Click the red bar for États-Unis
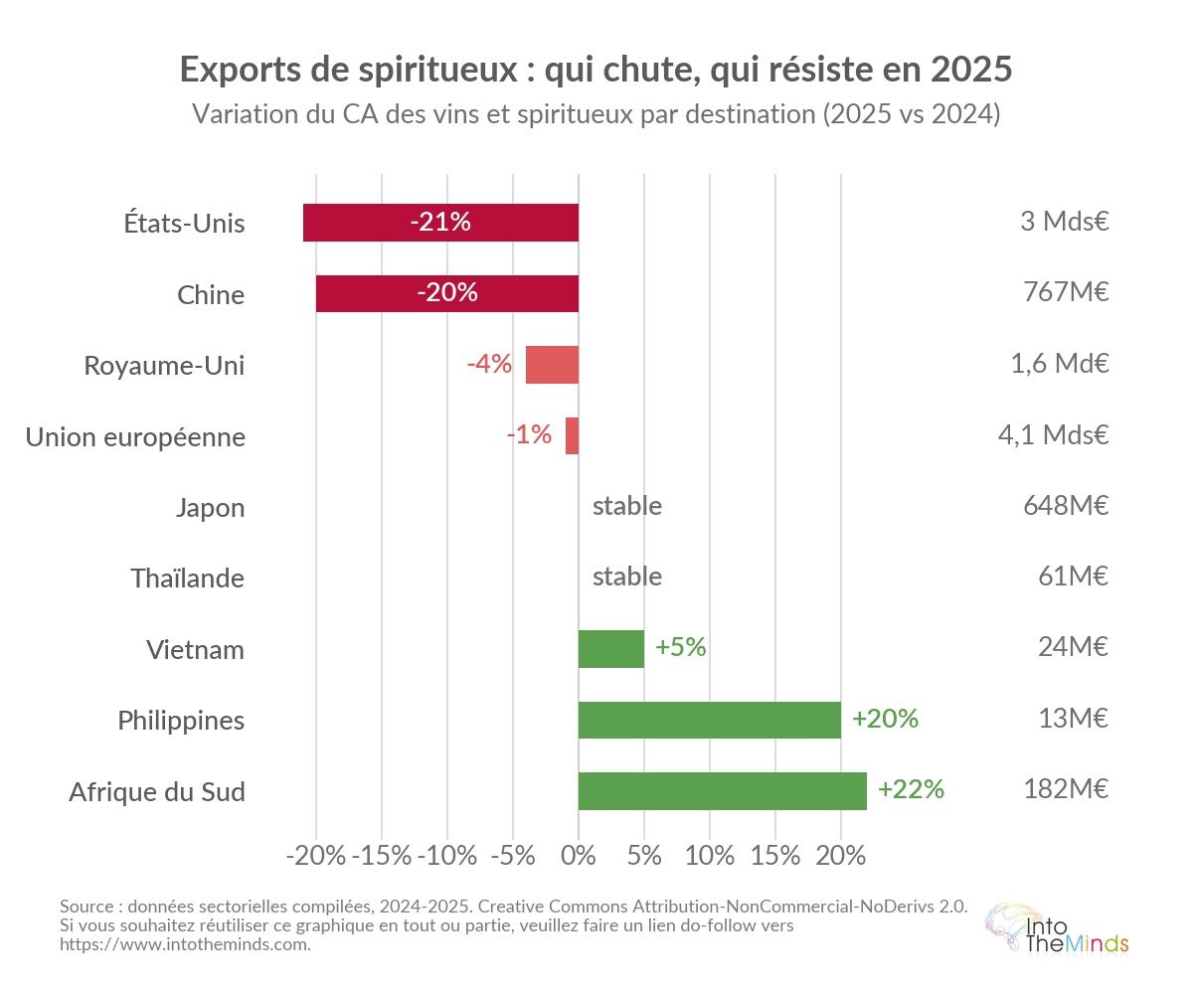click(x=440, y=223)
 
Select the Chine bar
click(x=447, y=293)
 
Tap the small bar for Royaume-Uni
click(x=552, y=365)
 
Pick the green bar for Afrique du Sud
click(x=722, y=791)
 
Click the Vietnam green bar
click(x=610, y=649)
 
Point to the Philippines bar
click(x=709, y=720)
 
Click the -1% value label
click(x=528, y=434)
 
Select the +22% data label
click(x=911, y=790)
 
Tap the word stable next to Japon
click(x=626, y=506)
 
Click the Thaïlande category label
click(x=187, y=579)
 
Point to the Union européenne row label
click(x=135, y=436)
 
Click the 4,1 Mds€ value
click(x=1053, y=434)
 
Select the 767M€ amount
click(x=1066, y=293)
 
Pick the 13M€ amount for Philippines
click(x=1073, y=719)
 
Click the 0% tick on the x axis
click(x=579, y=856)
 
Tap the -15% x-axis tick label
click(x=382, y=856)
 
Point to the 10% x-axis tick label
click(x=710, y=856)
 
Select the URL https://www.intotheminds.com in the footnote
click(x=185, y=944)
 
